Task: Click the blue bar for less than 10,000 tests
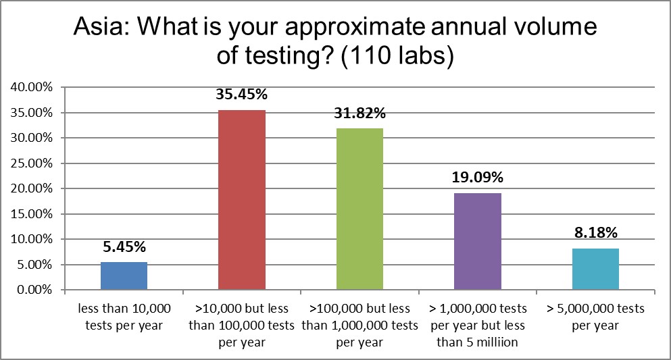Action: tap(124, 276)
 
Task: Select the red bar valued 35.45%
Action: tap(242, 200)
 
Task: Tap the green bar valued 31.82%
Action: tap(359, 209)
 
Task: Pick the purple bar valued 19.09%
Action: tap(478, 242)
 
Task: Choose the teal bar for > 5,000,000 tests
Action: tap(595, 269)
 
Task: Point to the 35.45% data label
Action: tap(242, 96)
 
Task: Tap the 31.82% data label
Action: tap(359, 113)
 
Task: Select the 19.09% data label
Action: tap(478, 178)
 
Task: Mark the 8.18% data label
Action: tap(595, 234)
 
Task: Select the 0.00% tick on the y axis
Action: tap(33, 290)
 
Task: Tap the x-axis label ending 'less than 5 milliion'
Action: tap(478, 325)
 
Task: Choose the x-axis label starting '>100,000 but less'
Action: tap(359, 325)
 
